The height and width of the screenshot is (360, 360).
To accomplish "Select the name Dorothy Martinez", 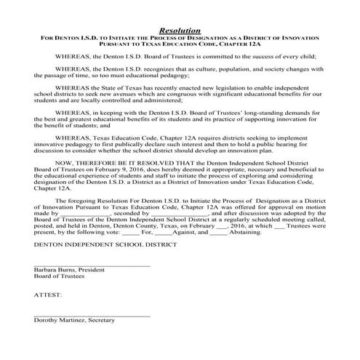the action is [x=59, y=320].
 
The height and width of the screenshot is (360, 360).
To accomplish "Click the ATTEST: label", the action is [x=48, y=295].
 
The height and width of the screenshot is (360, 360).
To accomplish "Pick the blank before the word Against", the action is [x=164, y=233].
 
